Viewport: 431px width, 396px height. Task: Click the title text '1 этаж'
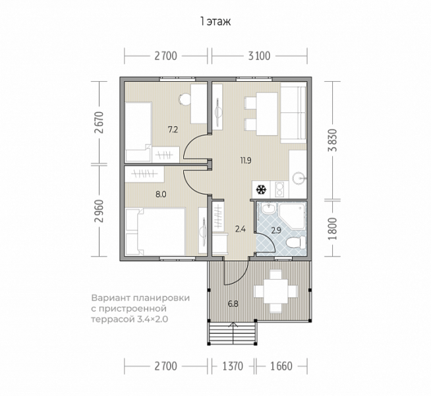(x=215, y=22)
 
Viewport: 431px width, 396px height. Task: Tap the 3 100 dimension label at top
(x=259, y=56)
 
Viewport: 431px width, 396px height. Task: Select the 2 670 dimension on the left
(x=99, y=123)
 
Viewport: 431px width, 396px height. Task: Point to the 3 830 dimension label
(x=333, y=141)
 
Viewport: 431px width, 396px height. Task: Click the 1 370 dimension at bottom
(x=233, y=366)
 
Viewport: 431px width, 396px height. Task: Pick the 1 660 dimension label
(x=281, y=366)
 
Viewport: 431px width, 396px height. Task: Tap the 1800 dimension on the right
(x=333, y=228)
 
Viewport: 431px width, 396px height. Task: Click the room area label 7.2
(x=173, y=129)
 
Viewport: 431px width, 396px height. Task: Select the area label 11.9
(x=246, y=160)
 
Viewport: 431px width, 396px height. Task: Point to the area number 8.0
(x=161, y=195)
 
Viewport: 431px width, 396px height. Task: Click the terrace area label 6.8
(x=233, y=304)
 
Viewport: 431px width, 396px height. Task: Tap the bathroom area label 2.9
(x=276, y=230)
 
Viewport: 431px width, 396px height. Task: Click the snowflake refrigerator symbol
(x=261, y=189)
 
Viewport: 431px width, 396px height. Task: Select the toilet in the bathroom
(x=296, y=242)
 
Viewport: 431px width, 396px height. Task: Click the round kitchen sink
(x=299, y=178)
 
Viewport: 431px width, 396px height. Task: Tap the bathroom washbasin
(x=268, y=209)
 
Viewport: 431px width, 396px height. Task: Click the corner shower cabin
(x=292, y=216)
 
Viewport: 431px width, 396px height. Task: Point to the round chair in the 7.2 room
(x=184, y=99)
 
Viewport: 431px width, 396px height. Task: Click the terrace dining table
(x=275, y=292)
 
